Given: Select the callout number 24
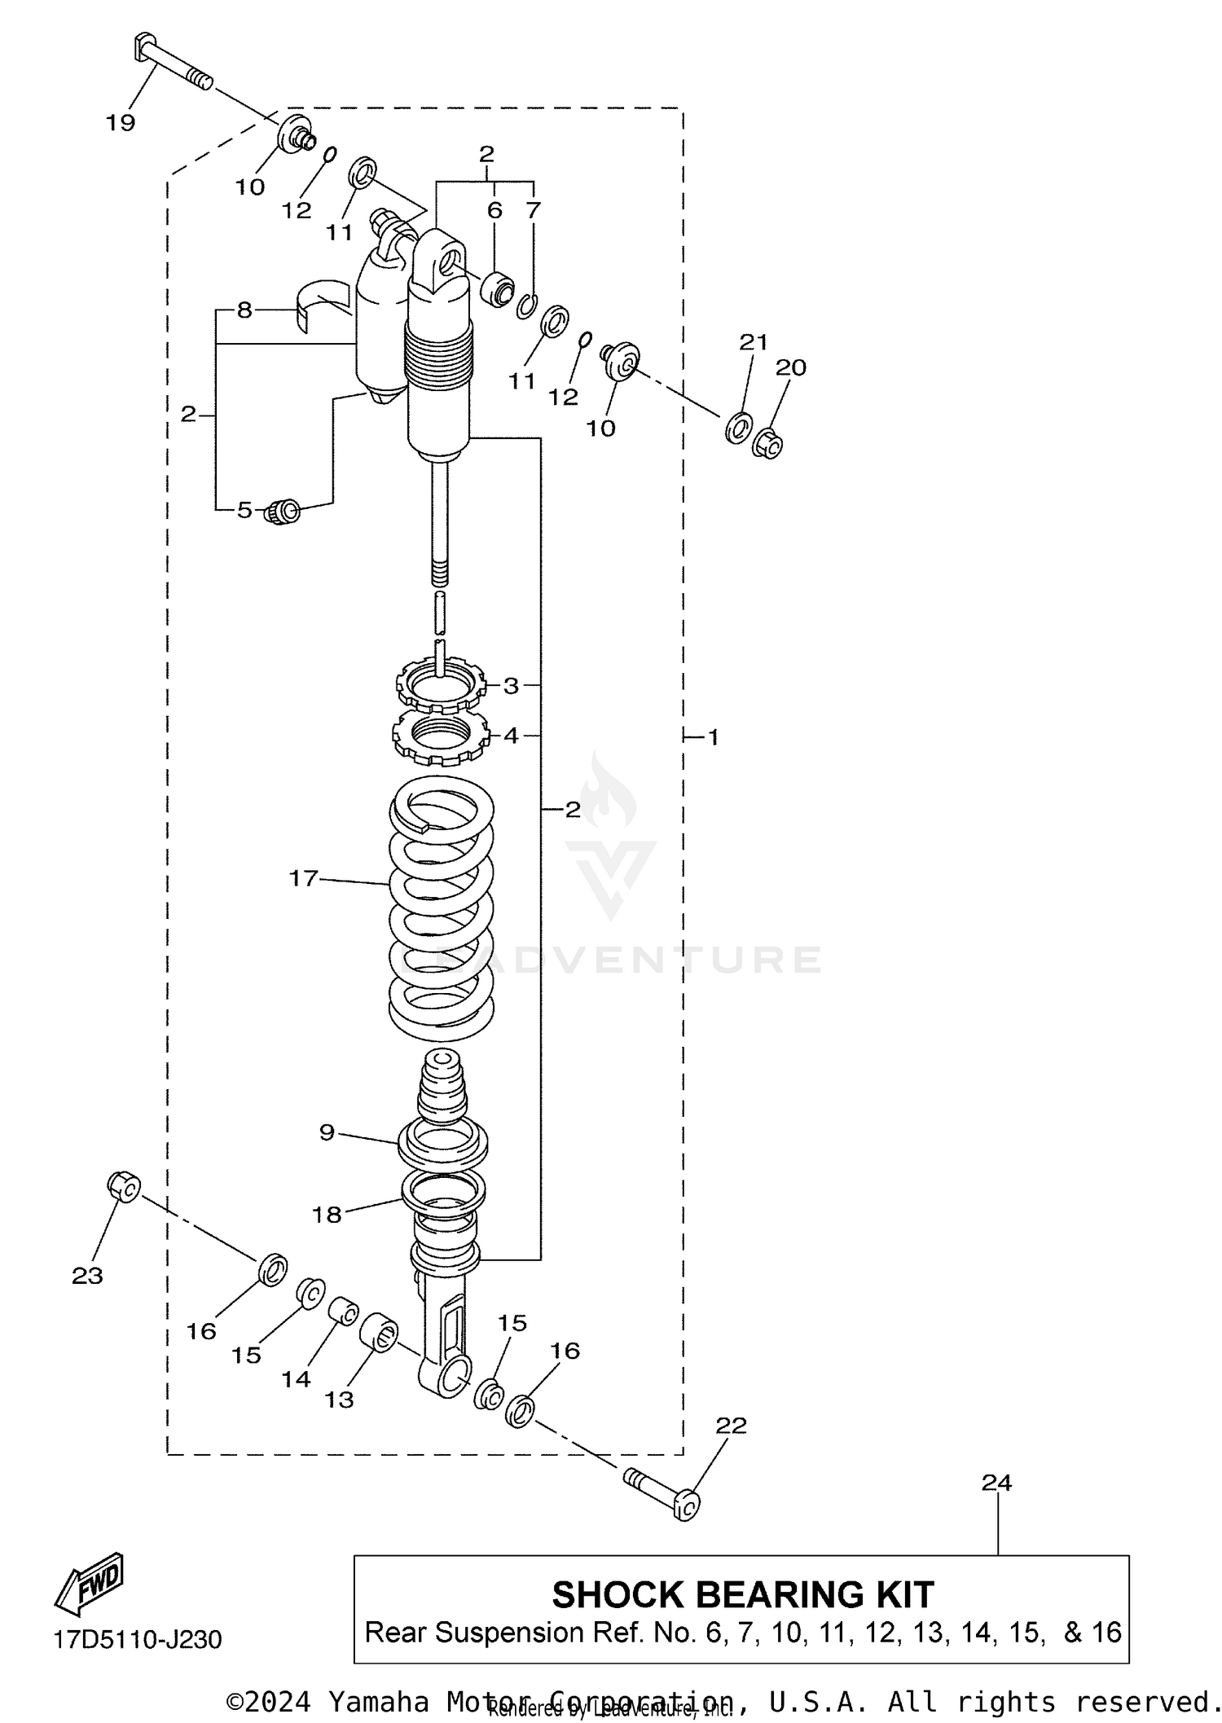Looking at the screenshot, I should pyautogui.click(x=996, y=1483).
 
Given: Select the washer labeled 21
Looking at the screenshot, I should pyautogui.click(x=738, y=428).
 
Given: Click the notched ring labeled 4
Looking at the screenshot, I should pyautogui.click(x=440, y=736).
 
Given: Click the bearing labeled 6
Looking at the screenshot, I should pyautogui.click(x=497, y=288).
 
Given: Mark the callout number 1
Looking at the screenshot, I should pyautogui.click(x=713, y=738).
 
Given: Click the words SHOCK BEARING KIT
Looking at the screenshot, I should pyautogui.click(x=742, y=1594).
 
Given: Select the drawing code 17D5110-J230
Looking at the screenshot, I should pyautogui.click(x=138, y=1640).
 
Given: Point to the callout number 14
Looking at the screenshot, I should pyautogui.click(x=297, y=1378).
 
